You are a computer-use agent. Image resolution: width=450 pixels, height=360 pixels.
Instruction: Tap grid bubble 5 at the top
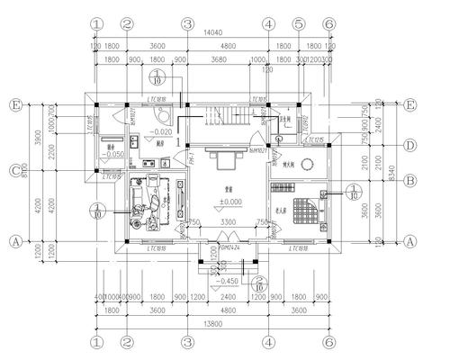(298, 23)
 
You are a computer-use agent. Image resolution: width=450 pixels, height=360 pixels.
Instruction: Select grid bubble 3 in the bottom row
(187, 342)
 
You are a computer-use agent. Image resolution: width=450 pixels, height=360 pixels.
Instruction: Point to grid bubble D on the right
(410, 145)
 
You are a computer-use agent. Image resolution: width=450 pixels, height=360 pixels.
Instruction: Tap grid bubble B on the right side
(410, 180)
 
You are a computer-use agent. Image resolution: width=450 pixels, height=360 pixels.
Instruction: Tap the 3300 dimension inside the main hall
(228, 222)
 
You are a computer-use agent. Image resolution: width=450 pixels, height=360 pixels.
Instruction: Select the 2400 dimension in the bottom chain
(228, 295)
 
